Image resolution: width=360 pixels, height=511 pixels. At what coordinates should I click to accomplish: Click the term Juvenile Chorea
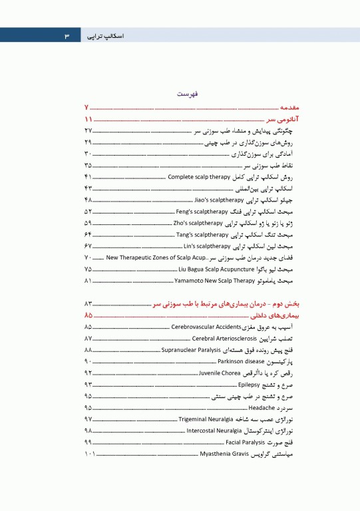click(220, 373)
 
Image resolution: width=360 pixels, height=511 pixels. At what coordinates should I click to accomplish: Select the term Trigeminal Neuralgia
click(208, 419)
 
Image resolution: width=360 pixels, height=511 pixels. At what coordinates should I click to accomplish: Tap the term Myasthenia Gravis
click(225, 454)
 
